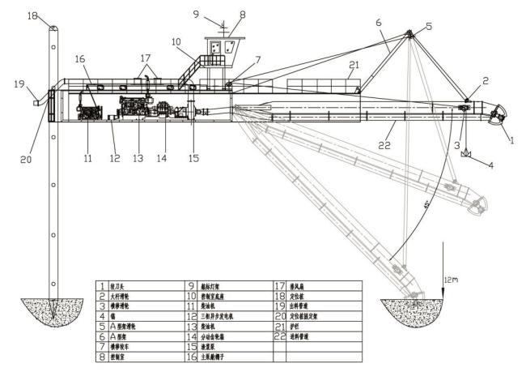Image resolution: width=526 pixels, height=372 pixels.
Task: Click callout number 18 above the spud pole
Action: click(32, 15)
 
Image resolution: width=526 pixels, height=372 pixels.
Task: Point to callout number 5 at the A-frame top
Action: click(428, 25)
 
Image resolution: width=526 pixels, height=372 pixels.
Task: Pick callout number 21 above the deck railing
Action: click(353, 65)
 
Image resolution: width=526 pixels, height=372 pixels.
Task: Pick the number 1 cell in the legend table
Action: click(102, 285)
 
